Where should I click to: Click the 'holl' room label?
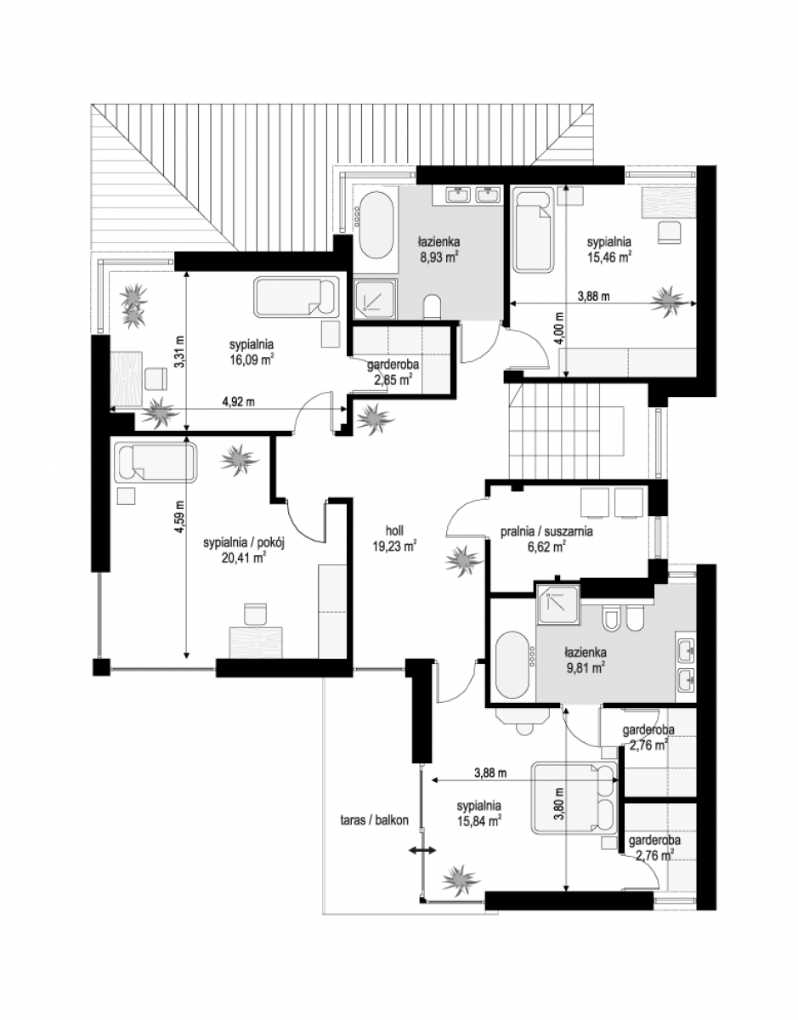point(394,530)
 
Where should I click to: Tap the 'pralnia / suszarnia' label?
point(546,531)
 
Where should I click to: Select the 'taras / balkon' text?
point(375,820)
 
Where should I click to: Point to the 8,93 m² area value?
point(439,258)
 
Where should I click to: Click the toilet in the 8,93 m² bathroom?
point(432,308)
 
